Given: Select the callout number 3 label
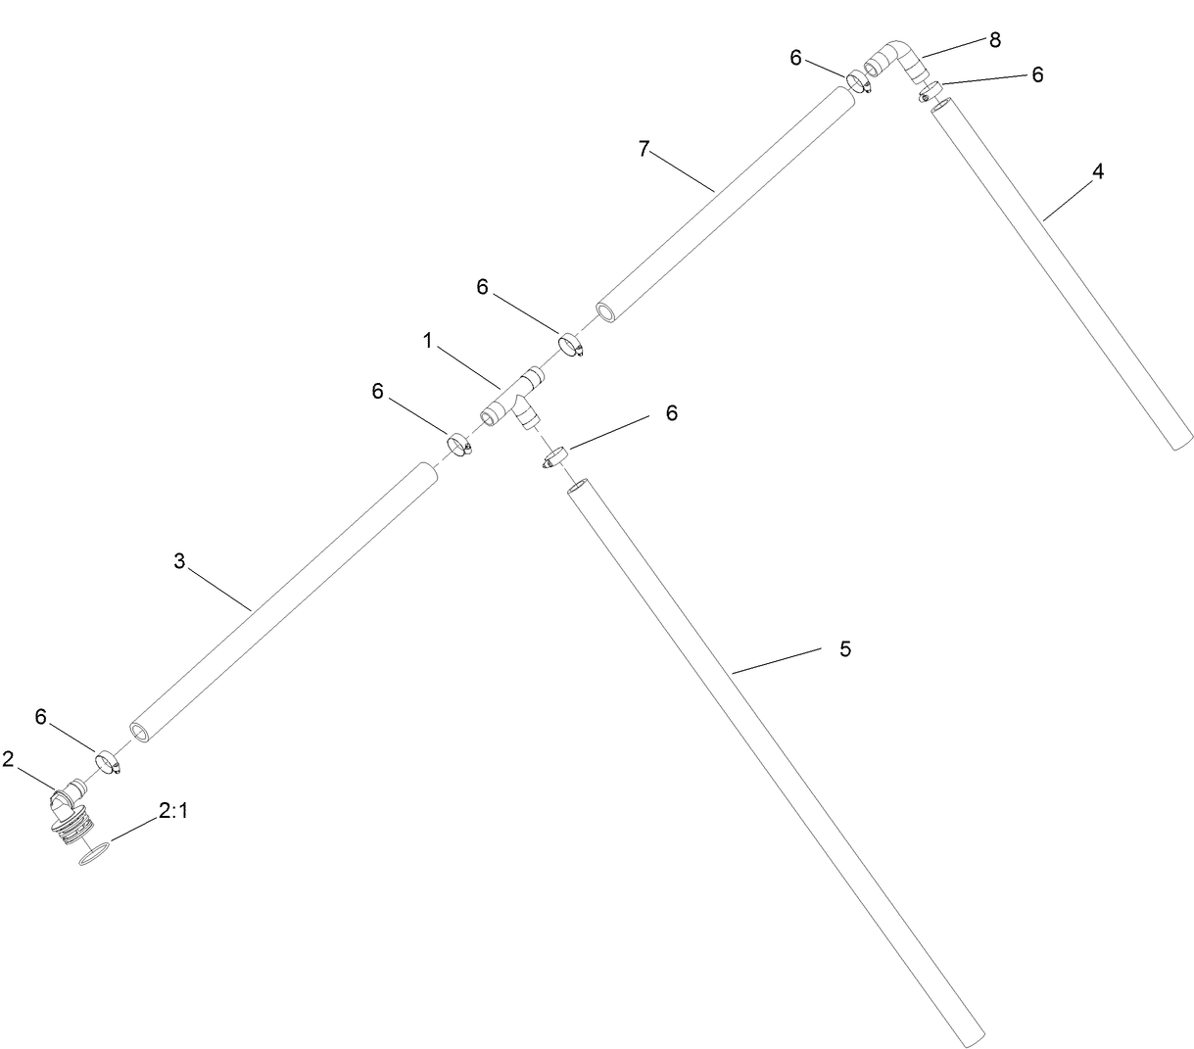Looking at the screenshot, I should coord(179,561).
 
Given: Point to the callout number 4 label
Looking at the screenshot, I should coord(1098,171).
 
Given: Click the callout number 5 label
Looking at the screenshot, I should coord(845,648).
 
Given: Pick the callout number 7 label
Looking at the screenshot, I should coord(644,148).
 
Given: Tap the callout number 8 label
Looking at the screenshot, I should coord(995,39).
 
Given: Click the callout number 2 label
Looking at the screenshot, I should coord(8,759).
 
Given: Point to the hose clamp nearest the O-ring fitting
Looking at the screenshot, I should coord(108,761).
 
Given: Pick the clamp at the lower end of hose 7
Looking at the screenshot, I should coord(572,346).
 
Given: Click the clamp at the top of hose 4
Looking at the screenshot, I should coord(930,93).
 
